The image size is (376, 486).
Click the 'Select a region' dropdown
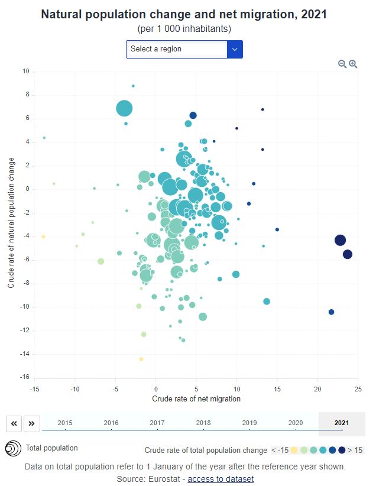point(184,49)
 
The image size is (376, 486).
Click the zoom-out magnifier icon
point(342,64)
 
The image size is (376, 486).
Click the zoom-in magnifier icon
point(353,64)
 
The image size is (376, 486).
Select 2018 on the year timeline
point(203,423)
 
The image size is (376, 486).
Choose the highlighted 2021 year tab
point(341,423)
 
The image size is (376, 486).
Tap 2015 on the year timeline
point(65,423)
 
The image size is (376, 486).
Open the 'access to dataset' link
point(221,479)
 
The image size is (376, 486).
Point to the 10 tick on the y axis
point(25,72)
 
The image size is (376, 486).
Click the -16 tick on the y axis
point(24,378)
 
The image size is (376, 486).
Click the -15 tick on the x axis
point(34,388)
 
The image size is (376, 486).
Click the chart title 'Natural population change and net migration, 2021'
point(184,14)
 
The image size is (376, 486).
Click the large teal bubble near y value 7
point(124,108)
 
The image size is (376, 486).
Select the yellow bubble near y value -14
point(141,359)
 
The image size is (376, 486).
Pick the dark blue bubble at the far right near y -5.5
point(348,254)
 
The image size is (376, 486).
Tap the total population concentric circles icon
point(12,449)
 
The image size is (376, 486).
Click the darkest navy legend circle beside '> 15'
point(342,450)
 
